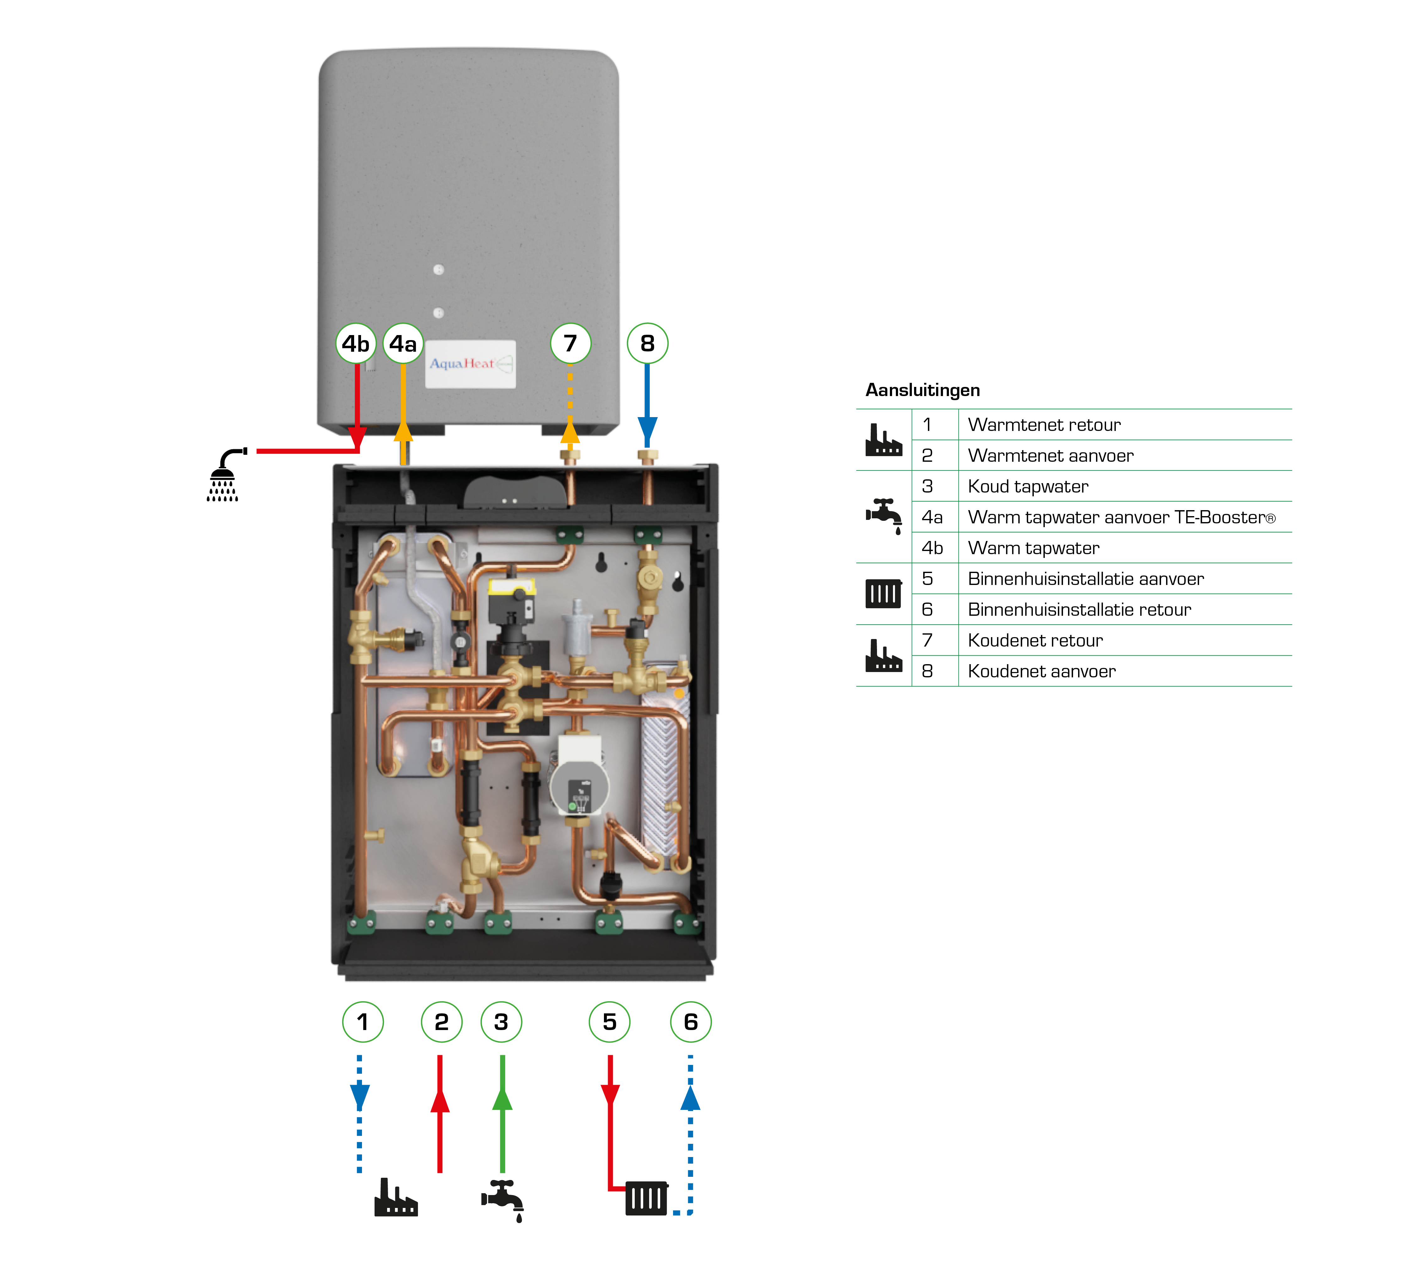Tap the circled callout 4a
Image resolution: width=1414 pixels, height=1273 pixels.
(x=403, y=344)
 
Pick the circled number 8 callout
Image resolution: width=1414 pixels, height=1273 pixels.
(x=647, y=344)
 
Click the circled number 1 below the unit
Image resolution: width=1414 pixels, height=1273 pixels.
(x=362, y=1022)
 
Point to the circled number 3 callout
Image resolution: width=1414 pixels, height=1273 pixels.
(x=501, y=1022)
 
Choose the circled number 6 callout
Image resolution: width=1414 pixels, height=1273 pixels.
(x=690, y=1022)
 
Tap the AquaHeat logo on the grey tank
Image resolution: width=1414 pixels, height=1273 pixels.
(x=470, y=364)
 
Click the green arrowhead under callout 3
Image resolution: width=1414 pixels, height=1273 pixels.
(x=502, y=1098)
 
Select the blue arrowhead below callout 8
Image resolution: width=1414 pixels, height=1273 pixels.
(x=647, y=428)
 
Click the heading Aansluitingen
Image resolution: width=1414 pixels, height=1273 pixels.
(x=922, y=389)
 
